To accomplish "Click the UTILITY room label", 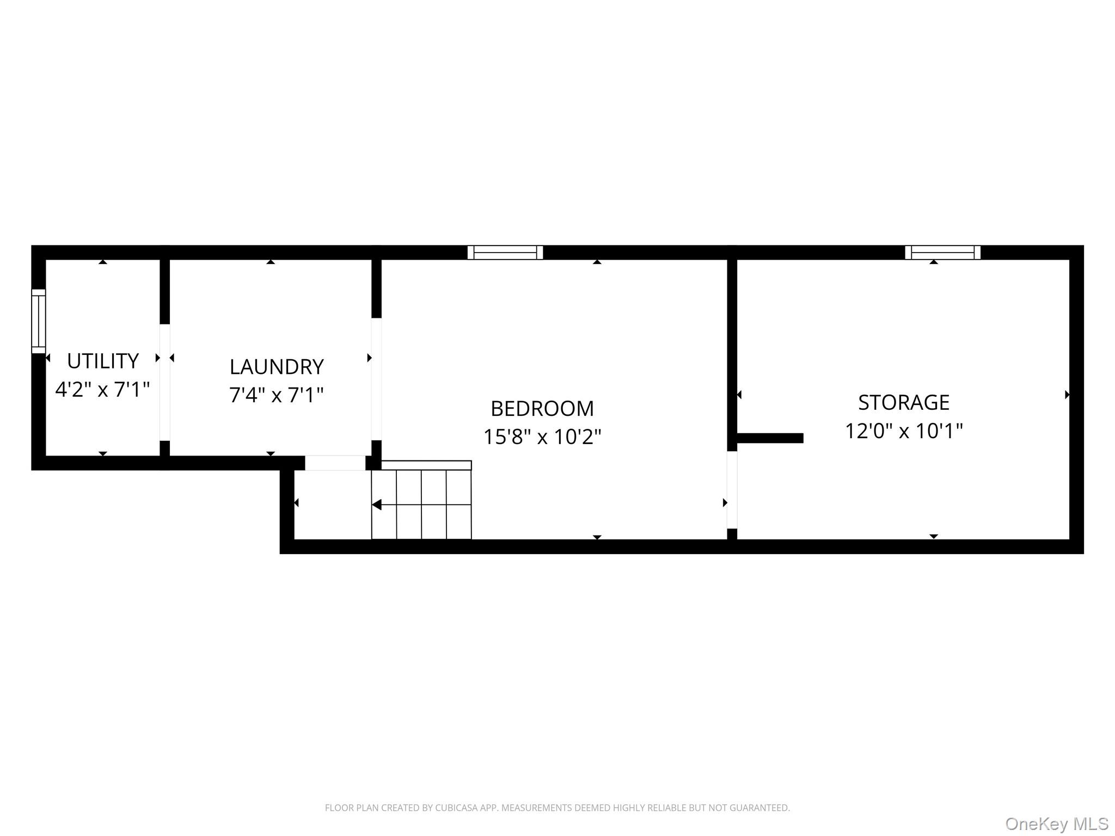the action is (x=103, y=361).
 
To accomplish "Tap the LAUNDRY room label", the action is (x=277, y=367).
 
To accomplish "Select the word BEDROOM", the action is (x=542, y=408).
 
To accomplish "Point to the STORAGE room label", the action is (x=904, y=402).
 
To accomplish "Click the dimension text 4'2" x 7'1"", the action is (x=103, y=389).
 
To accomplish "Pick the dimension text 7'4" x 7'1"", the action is (x=277, y=395).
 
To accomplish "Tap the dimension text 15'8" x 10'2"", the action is (x=542, y=437).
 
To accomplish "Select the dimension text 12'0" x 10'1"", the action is (x=904, y=431).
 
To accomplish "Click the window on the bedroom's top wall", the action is (x=505, y=253).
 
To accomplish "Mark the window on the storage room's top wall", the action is (x=943, y=253).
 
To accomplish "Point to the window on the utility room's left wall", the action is (x=39, y=321).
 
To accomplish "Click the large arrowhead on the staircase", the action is (x=376, y=505).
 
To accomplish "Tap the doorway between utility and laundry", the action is (x=165, y=382).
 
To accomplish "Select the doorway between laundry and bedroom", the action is (x=376, y=379).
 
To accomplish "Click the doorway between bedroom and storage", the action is (x=732, y=490).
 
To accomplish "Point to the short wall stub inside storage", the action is (x=770, y=438).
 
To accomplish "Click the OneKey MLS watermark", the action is (x=1057, y=823).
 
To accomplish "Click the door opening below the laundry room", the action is (x=335, y=463).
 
